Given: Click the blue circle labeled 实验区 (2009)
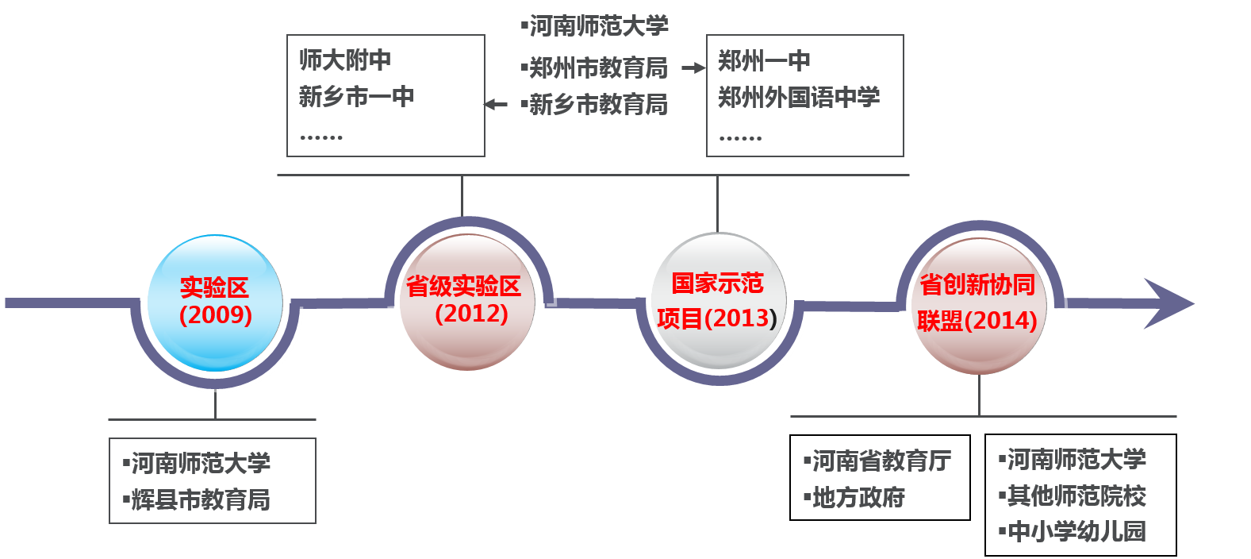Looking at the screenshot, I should click(215, 303).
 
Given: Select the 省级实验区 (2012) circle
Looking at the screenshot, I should click(466, 302).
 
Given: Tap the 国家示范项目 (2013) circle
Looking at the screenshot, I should click(718, 302).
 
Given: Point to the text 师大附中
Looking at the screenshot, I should click(345, 60).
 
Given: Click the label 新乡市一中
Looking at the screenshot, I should click(356, 97).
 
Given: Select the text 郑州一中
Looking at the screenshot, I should click(764, 60).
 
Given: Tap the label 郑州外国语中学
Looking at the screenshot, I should click(799, 98).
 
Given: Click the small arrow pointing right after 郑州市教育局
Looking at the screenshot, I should click(693, 68).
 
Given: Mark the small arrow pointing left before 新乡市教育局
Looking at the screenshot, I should click(496, 105).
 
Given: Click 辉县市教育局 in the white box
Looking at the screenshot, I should click(200, 499).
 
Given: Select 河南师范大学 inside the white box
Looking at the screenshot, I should click(200, 463).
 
